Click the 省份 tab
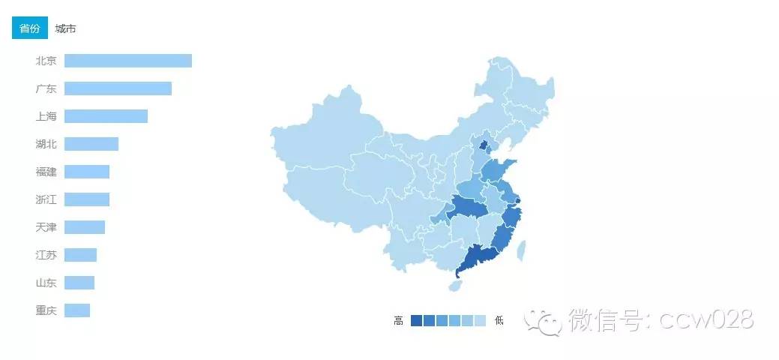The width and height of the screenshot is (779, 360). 30,28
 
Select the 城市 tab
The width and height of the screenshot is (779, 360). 66,28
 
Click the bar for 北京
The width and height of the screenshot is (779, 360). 127,61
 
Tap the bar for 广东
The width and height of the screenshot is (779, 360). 118,88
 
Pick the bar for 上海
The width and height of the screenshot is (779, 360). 106,116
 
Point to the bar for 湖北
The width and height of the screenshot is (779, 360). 91,144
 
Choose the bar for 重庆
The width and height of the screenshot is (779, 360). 77,310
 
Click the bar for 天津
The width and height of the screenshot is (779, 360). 85,227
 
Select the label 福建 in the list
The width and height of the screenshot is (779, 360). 46,172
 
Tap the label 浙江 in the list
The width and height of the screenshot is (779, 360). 46,199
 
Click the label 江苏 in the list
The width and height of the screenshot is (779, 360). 46,255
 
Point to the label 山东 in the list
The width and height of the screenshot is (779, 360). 46,283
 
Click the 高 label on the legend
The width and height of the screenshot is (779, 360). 398,321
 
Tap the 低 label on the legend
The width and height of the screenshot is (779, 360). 499,321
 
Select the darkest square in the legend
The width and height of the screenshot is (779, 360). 417,321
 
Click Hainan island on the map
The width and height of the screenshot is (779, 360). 456,286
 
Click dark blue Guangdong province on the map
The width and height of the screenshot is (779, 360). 477,260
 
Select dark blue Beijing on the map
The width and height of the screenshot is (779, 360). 484,145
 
